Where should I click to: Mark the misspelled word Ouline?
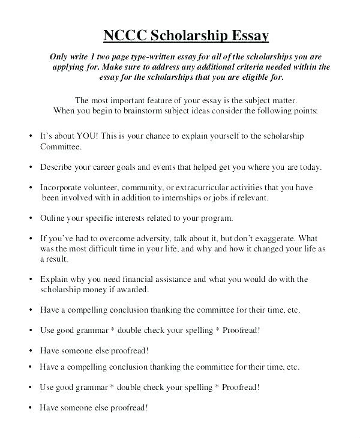pos(52,218)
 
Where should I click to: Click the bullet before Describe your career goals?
pos(30,167)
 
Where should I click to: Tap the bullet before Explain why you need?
pos(30,279)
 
